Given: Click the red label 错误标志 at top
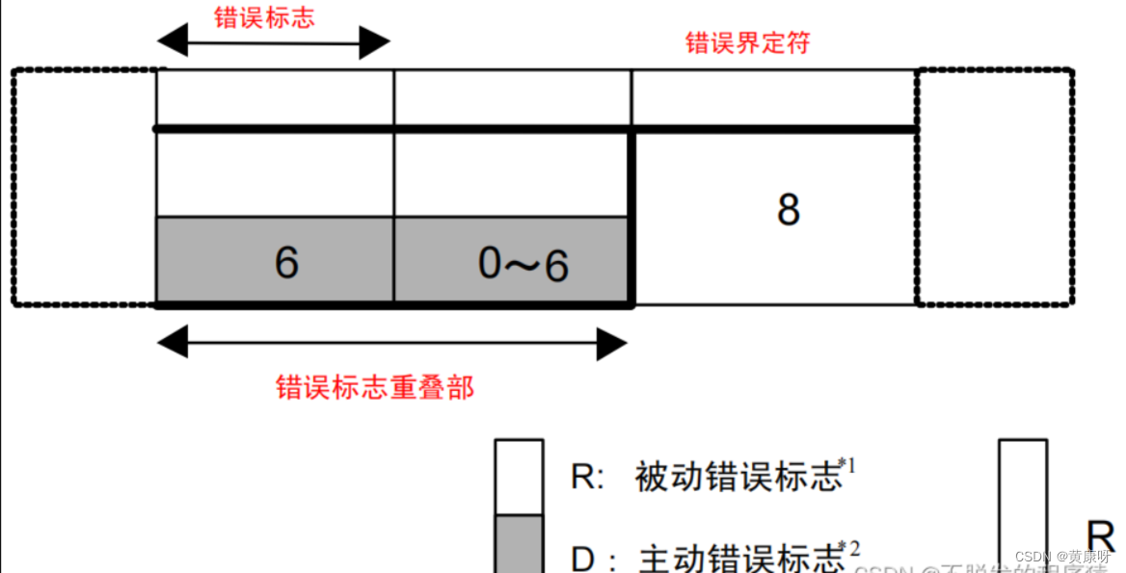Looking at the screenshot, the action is [264, 18].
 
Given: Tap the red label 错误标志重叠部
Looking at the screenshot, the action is [375, 388].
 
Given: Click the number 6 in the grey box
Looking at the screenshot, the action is [286, 263].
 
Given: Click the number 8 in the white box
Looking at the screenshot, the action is [789, 209].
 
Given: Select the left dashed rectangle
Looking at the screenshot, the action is [84, 187].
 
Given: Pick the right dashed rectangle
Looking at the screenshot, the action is [994, 187].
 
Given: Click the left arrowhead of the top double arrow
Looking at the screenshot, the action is [172, 42].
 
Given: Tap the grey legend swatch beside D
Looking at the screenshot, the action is [519, 544].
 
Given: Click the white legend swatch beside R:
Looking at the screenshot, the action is [519, 477].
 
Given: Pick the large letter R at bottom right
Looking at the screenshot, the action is [1100, 535].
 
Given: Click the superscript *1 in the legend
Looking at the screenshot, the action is [847, 466].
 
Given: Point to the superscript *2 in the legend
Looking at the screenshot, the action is [849, 549].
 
